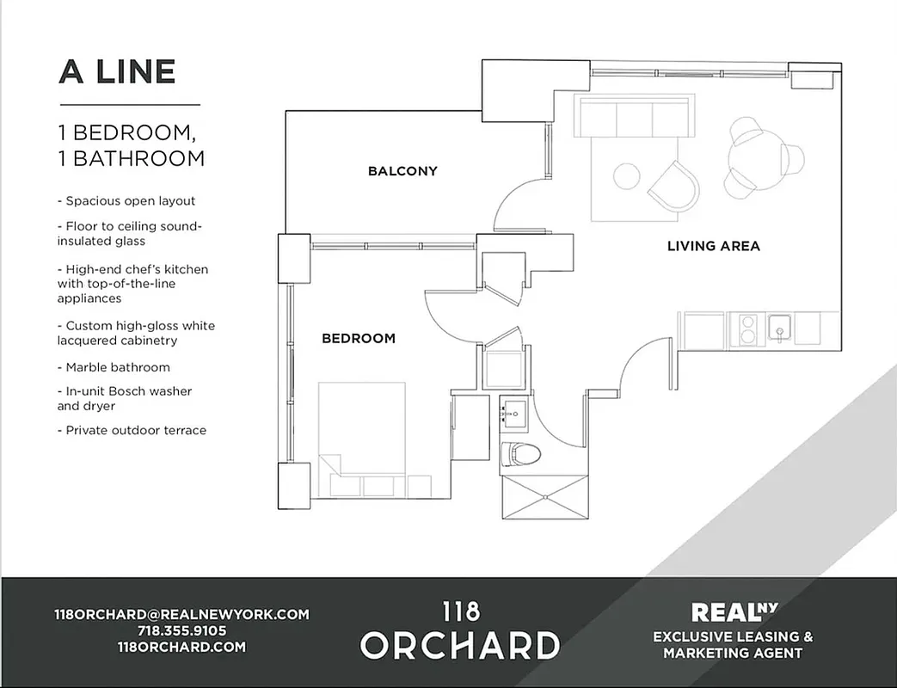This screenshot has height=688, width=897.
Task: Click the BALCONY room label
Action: [x=402, y=171]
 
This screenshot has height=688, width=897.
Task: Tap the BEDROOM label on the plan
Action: [x=359, y=339]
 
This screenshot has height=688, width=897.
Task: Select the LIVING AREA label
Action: [x=714, y=246]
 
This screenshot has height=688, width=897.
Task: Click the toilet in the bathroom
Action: [x=520, y=453]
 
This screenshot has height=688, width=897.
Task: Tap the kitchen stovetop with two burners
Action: [x=747, y=329]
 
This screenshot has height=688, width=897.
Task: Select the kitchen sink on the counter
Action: [x=779, y=329]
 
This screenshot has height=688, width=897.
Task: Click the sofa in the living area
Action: [x=635, y=116]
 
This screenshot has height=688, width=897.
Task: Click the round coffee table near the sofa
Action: [x=626, y=176]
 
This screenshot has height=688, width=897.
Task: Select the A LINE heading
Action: [x=117, y=72]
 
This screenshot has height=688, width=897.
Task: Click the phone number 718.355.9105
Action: [x=181, y=630]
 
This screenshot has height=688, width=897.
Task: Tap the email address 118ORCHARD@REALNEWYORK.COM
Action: [x=181, y=614]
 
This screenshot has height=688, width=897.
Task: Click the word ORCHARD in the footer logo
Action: [x=460, y=645]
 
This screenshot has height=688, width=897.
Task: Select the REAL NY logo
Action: [x=733, y=612]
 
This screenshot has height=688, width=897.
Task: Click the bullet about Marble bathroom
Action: [x=118, y=367]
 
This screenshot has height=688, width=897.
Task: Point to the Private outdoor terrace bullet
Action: [x=136, y=430]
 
